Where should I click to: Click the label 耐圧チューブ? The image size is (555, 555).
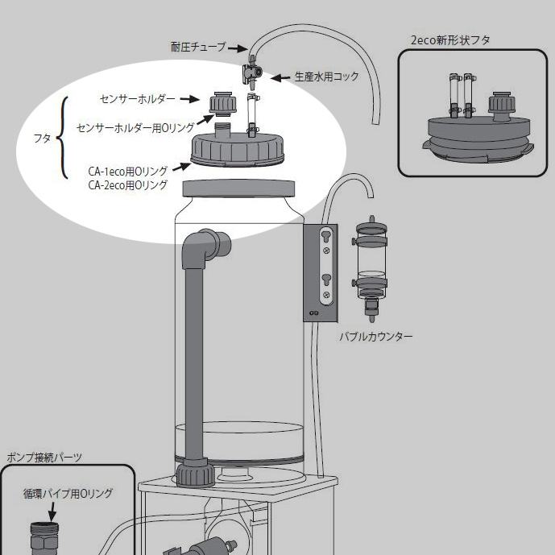(x=197, y=48)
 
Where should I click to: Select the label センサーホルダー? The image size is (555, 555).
(x=137, y=99)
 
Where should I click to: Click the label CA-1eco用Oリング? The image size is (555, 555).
(x=128, y=171)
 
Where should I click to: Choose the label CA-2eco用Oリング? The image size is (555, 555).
(x=128, y=184)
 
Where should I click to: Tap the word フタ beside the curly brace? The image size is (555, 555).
(x=43, y=138)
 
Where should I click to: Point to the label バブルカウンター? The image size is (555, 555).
(x=375, y=335)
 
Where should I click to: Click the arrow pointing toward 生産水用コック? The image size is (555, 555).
(x=279, y=78)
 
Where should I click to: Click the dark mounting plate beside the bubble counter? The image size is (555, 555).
(x=325, y=272)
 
